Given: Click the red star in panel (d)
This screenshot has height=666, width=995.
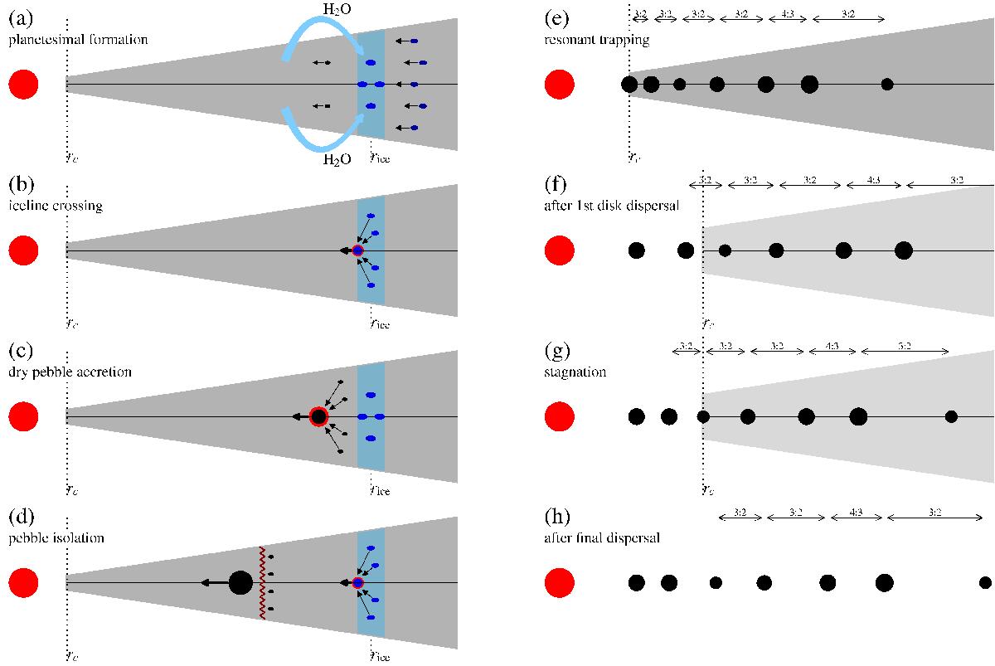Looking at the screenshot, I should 23,583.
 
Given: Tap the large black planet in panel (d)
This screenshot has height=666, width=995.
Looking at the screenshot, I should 240,583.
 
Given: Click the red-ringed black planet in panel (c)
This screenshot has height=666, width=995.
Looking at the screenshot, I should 318,416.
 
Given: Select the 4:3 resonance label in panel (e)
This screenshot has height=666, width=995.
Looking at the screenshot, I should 784,14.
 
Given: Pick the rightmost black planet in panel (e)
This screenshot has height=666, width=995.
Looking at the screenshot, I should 887,84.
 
